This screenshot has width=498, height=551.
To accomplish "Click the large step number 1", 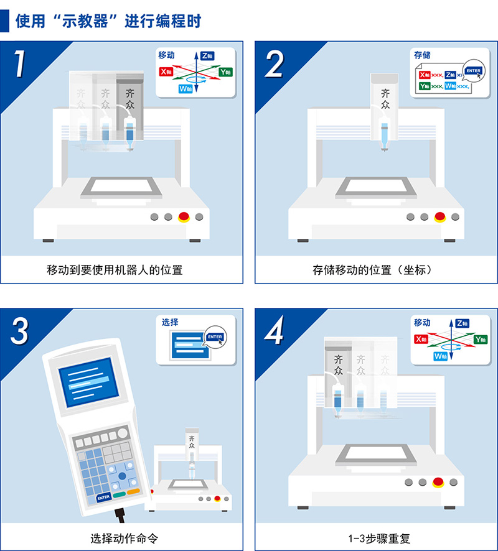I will click(20, 63).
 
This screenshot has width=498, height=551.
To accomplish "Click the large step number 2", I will click(275, 63).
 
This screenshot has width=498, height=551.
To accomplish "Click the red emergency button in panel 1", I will click(184, 217).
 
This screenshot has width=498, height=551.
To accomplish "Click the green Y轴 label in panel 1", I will click(225, 72).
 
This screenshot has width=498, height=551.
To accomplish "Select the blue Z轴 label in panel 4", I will click(461, 323).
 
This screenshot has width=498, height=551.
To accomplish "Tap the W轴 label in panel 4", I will click(441, 356).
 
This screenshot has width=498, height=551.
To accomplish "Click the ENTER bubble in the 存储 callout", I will click(474, 71).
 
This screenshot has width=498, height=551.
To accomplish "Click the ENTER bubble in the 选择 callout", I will click(215, 337).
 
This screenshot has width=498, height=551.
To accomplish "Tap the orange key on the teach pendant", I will click(133, 492).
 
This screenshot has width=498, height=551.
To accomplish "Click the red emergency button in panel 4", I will click(438, 482).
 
